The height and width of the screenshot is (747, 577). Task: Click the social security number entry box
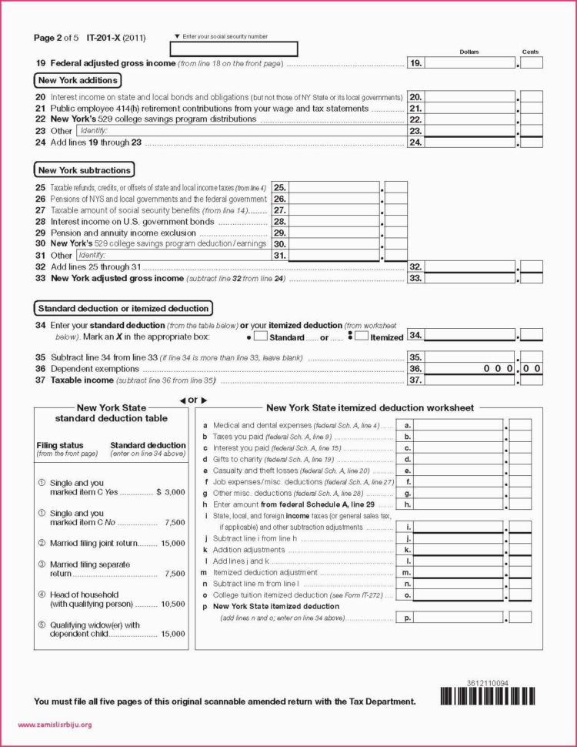[x=233, y=49]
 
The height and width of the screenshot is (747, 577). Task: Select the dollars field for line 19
[x=470, y=63]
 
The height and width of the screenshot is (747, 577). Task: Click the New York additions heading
[x=78, y=81]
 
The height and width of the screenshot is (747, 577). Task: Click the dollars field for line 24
[x=470, y=142]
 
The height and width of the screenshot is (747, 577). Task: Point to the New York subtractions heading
[x=85, y=170]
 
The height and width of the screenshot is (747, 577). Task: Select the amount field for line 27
[x=334, y=210]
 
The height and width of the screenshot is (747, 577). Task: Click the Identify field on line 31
[x=173, y=255]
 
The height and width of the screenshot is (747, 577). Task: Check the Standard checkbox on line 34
[x=261, y=337]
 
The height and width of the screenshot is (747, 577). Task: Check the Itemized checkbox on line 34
[x=362, y=337]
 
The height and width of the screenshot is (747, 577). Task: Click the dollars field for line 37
[x=470, y=380]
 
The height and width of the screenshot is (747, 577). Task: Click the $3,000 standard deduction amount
[x=170, y=491]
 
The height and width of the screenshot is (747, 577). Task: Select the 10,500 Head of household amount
[x=173, y=605]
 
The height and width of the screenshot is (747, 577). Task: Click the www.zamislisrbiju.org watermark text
[x=54, y=724]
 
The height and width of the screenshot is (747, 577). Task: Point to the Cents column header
[x=531, y=52]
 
